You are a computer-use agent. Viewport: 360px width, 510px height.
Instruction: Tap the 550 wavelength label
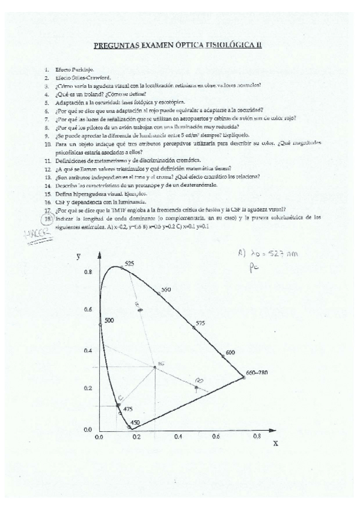(x=166, y=290)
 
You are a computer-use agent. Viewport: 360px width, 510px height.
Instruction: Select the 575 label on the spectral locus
(x=200, y=324)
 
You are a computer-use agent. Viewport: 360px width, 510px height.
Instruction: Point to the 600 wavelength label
(x=230, y=352)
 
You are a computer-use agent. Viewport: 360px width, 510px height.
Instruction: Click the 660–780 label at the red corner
(x=257, y=372)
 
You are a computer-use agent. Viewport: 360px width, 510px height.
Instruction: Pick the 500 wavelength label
(x=109, y=321)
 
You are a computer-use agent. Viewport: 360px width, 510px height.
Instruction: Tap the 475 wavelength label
(x=127, y=409)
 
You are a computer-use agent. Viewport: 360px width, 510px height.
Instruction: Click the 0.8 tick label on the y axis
(x=88, y=272)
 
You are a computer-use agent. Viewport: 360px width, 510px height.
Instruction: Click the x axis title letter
(x=276, y=443)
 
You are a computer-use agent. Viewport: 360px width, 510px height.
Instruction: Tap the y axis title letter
(x=79, y=256)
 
